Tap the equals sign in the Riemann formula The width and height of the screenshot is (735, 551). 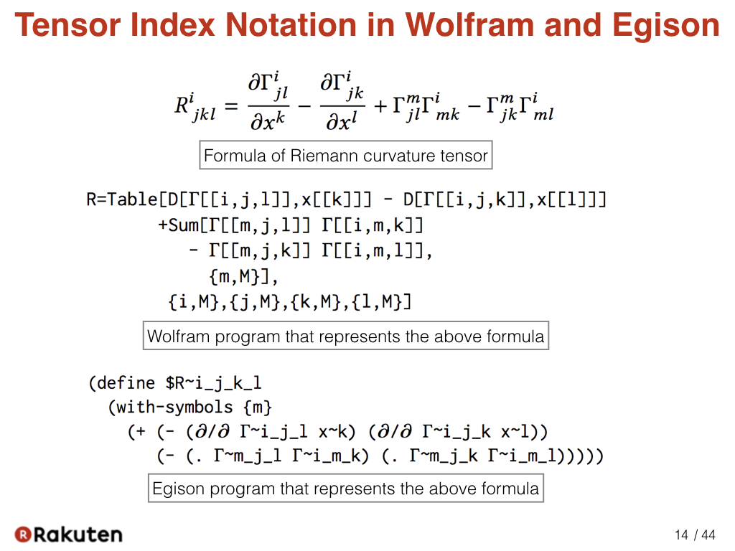pos(232,106)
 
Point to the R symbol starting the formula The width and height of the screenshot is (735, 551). pos(182,105)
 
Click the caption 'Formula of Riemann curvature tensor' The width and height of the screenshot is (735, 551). pos(346,155)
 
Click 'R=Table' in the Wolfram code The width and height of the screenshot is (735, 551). pos(122,199)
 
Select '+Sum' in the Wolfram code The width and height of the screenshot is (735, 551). pos(178,225)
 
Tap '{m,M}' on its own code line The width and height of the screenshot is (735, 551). pos(235,276)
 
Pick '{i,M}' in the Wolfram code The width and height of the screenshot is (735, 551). pos(194,302)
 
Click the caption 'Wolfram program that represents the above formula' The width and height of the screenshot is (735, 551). pos(346,336)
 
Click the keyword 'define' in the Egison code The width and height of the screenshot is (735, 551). pos(126,383)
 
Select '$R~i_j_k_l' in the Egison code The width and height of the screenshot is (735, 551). pos(213,383)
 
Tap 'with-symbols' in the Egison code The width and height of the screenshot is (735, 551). pos(174,408)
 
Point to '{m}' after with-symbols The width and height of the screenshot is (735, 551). pos(258,408)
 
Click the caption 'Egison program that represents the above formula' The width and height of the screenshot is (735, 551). pos(346,488)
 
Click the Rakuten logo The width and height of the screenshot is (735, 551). pos(68,534)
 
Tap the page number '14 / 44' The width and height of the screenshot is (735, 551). pos(695,535)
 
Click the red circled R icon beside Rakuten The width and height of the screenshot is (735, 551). pos(22,534)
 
